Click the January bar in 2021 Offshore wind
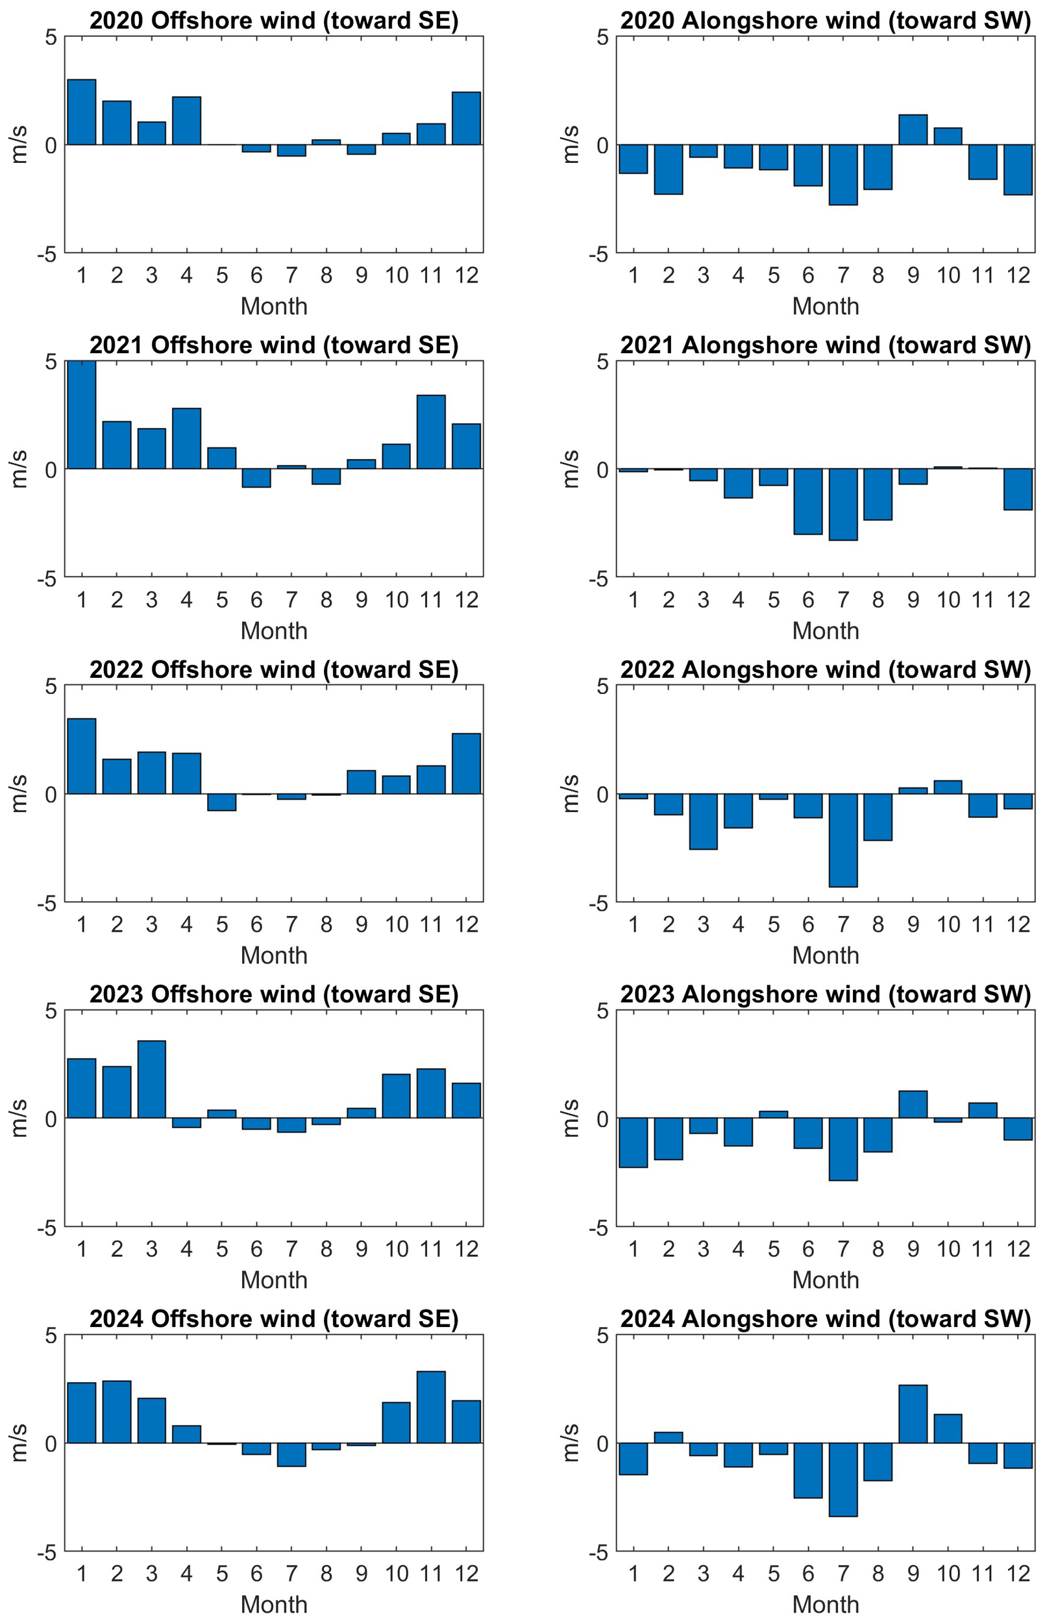(x=81, y=415)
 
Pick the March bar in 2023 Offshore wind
(x=151, y=1079)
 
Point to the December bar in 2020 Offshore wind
(x=466, y=118)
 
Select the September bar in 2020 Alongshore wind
(x=913, y=130)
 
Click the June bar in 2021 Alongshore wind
(x=807, y=501)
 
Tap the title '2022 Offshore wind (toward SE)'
(x=274, y=670)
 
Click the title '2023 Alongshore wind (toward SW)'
(x=825, y=994)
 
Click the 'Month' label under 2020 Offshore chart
(x=274, y=306)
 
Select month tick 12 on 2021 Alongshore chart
(x=1018, y=600)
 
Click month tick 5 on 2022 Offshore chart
(x=222, y=924)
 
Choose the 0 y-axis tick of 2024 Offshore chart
(x=51, y=1443)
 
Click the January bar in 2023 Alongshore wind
(x=633, y=1143)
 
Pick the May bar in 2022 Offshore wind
(x=222, y=802)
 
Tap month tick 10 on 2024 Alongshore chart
(x=948, y=1574)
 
